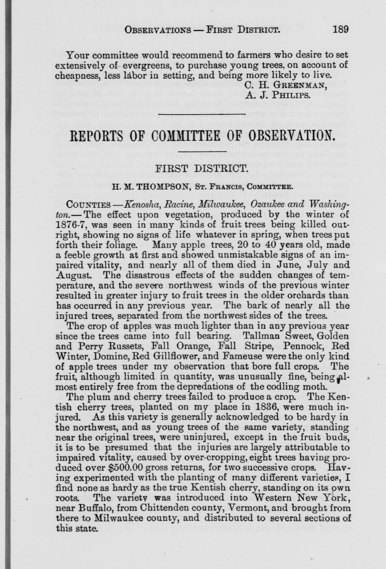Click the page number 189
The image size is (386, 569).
tap(340, 30)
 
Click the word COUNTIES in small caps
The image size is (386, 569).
tap(88, 205)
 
